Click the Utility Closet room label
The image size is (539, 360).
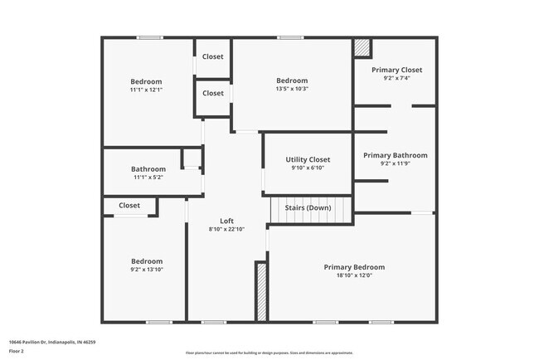pyautogui.click(x=308, y=159)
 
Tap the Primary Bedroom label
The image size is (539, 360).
pyautogui.click(x=354, y=267)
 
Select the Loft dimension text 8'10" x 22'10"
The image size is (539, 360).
pyautogui.click(x=226, y=230)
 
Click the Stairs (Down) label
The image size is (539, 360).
pyautogui.click(x=308, y=207)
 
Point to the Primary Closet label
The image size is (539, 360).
pyautogui.click(x=396, y=70)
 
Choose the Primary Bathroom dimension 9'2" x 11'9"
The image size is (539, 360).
pyautogui.click(x=396, y=164)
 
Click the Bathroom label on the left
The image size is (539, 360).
pyautogui.click(x=149, y=169)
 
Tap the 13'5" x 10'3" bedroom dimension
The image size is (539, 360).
pyautogui.click(x=292, y=89)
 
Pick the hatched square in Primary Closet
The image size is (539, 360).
pyautogui.click(x=362, y=48)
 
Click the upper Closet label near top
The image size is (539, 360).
pyautogui.click(x=213, y=57)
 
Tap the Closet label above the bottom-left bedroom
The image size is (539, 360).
pyautogui.click(x=129, y=205)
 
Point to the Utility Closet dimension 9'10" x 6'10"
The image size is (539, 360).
pyautogui.click(x=308, y=168)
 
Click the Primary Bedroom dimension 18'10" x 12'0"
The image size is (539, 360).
pyautogui.click(x=354, y=276)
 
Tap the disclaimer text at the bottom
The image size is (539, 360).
pyautogui.click(x=269, y=353)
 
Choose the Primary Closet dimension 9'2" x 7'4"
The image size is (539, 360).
pyautogui.click(x=396, y=79)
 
